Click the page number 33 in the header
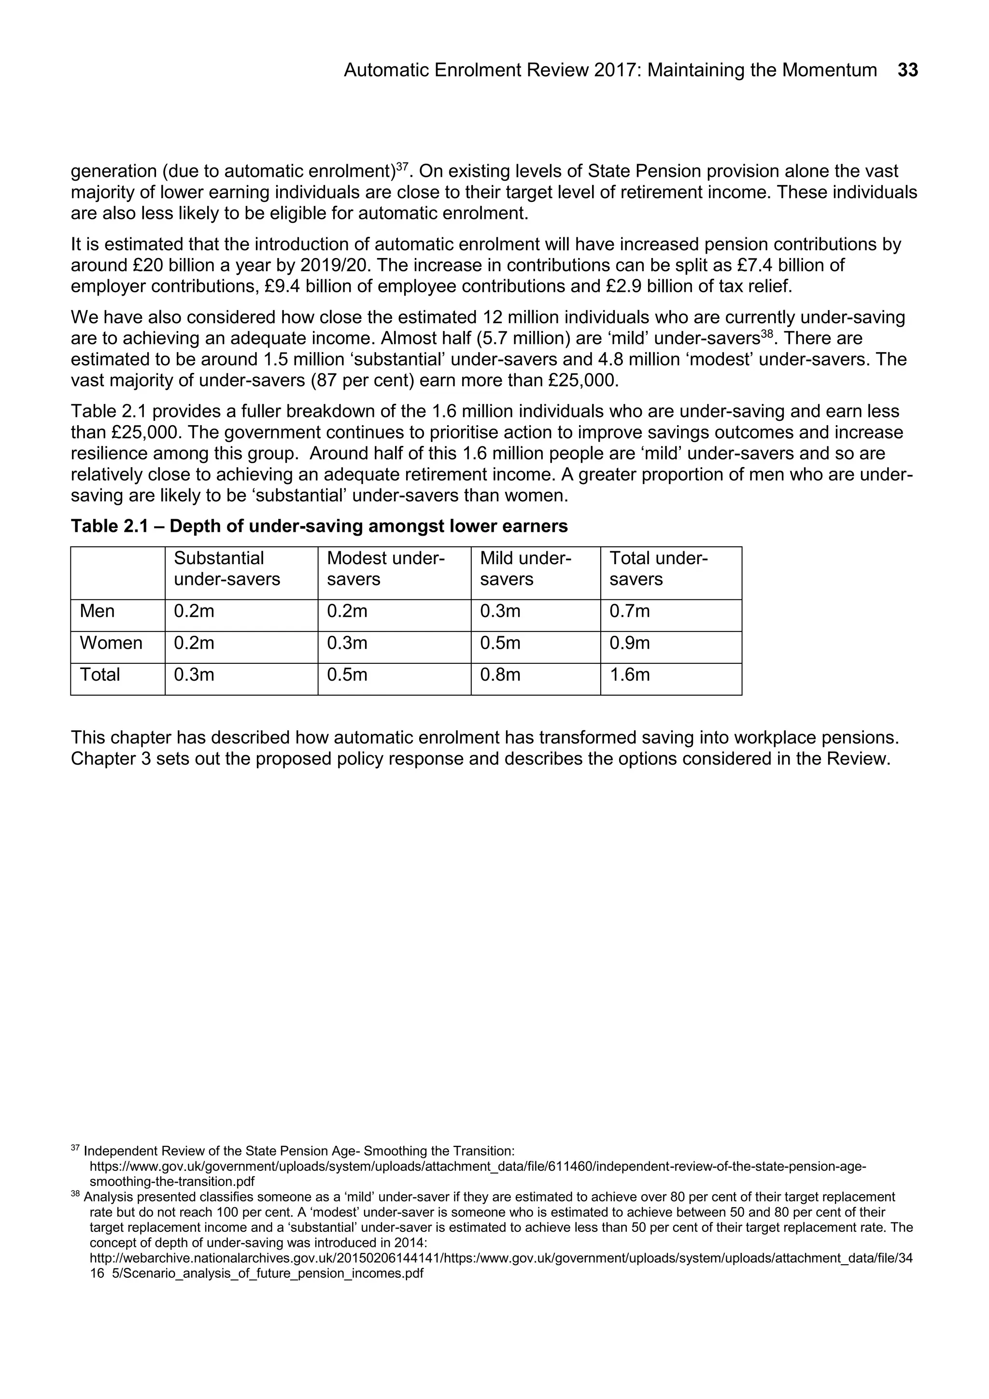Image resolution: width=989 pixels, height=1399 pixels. (907, 70)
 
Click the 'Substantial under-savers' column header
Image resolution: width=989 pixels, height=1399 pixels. (226, 569)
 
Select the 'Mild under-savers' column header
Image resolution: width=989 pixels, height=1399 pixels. (525, 569)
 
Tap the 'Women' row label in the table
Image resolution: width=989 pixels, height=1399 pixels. (111, 643)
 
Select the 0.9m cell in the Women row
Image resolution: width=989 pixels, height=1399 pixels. (630, 643)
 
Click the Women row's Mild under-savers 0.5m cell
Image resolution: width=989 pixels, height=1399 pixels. (500, 643)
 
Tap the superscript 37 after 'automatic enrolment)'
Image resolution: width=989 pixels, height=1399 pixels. (402, 166)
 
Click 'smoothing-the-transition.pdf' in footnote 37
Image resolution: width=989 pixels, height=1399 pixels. (172, 1182)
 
